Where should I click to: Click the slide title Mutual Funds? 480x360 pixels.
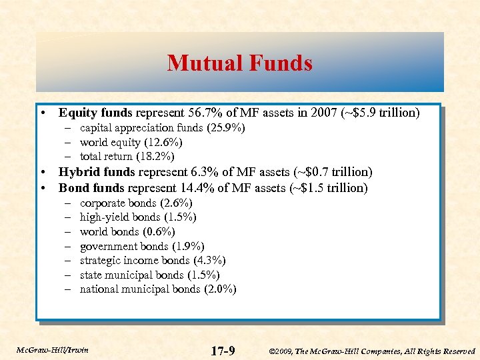point(240,63)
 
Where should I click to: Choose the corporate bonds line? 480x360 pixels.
point(136,203)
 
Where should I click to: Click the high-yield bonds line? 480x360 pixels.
point(138,217)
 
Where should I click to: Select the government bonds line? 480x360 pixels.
point(142,246)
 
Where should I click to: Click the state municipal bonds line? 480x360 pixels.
point(149,275)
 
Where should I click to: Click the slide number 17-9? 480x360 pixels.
point(222,350)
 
